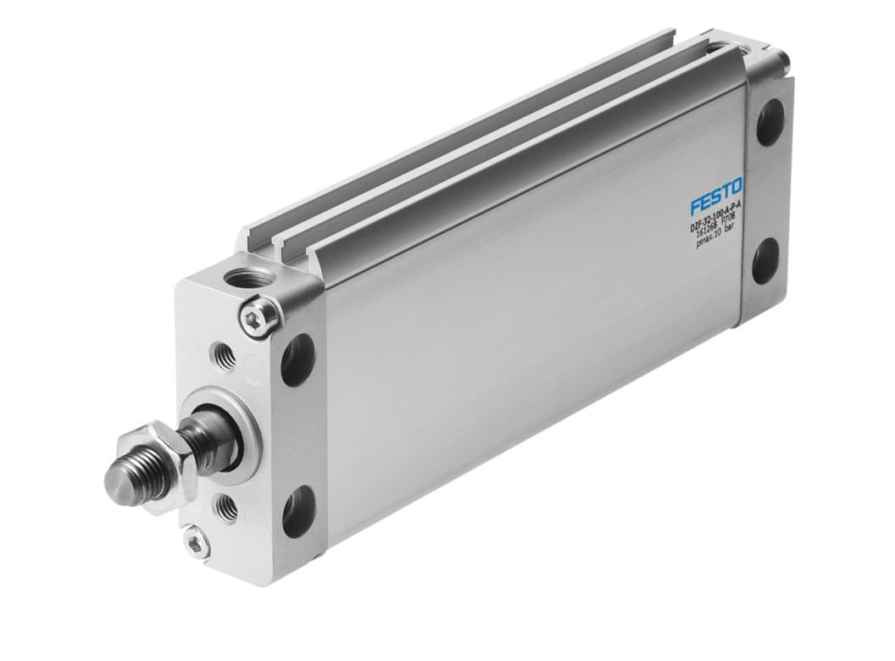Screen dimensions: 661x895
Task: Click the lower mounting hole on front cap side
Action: click(298, 510)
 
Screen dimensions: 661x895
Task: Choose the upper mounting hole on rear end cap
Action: click(770, 122)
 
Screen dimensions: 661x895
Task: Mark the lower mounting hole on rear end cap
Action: click(766, 260)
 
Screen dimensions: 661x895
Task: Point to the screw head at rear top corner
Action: click(781, 58)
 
